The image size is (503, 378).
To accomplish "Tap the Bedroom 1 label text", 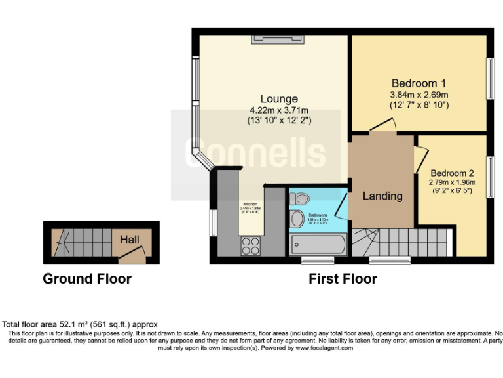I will tap(419, 83).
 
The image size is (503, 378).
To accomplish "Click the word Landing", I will tap(382, 196).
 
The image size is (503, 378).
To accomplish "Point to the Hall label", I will tap(129, 240).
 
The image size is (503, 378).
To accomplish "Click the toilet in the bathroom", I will tap(300, 198).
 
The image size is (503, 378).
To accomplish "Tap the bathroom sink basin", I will tap(298, 219).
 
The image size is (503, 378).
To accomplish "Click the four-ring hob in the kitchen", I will tap(250, 245).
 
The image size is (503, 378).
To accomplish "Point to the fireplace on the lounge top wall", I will tap(275, 40).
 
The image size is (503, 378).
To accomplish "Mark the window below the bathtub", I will tap(312, 261).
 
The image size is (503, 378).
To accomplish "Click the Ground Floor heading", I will tap(87, 279).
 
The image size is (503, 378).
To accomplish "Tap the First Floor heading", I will tap(343, 279).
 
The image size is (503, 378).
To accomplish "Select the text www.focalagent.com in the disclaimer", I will tap(324, 348).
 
